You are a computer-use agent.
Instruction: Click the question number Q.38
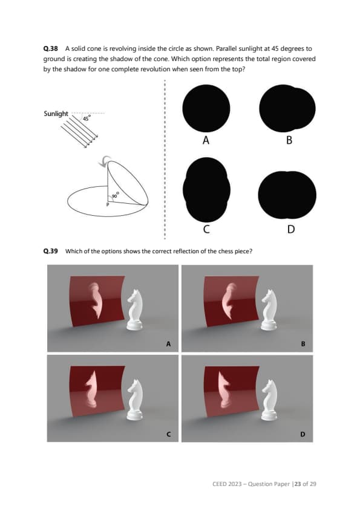click(x=50, y=49)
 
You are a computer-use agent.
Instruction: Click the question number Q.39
click(x=50, y=251)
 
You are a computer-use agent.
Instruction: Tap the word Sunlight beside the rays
click(x=56, y=114)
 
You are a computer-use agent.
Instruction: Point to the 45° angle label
click(x=87, y=118)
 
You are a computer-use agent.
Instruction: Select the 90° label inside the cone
click(x=116, y=195)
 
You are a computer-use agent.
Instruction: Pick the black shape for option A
click(x=206, y=108)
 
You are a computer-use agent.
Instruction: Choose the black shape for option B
click(x=287, y=108)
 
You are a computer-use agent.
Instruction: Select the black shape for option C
click(x=206, y=190)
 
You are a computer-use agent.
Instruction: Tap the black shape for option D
click(x=287, y=195)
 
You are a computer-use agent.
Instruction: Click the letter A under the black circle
click(x=206, y=140)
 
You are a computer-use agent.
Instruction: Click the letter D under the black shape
click(x=291, y=229)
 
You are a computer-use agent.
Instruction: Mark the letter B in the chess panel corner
click(x=303, y=344)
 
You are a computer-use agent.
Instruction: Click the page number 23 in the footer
click(x=298, y=484)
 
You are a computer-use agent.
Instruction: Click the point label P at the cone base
click(x=108, y=204)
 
